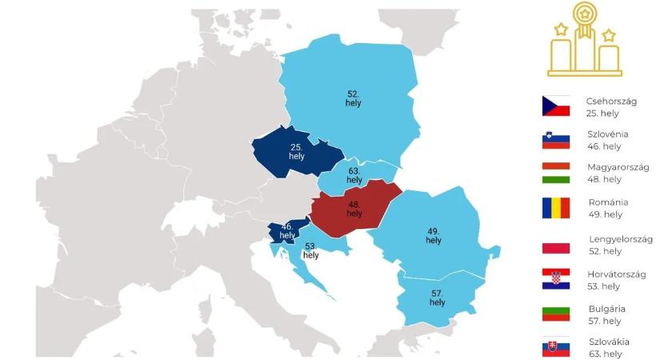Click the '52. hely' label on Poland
353,98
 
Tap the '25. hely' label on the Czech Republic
296,152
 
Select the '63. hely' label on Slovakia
354,175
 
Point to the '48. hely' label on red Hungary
354,209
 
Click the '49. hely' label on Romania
433,235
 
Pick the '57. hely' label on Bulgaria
437,298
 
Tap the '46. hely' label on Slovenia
287,231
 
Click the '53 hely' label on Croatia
311,251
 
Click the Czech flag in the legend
555,106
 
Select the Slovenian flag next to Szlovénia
555,141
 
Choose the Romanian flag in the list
555,208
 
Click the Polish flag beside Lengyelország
555,243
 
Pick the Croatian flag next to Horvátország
555,278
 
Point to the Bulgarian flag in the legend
555,313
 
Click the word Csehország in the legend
610,101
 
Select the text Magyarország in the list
618,167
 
